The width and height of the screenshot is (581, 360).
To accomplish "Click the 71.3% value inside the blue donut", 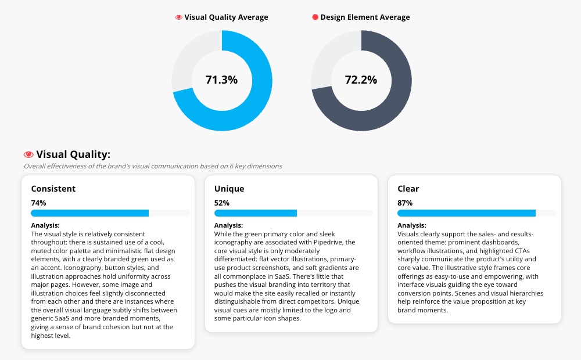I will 221,80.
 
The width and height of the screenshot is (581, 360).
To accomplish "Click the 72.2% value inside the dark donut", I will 361,80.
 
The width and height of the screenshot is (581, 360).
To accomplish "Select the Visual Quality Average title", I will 226,17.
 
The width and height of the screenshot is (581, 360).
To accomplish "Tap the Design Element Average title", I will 365,17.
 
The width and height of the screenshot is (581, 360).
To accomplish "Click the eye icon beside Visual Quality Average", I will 179,17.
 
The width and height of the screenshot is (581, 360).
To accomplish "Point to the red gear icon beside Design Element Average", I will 315,17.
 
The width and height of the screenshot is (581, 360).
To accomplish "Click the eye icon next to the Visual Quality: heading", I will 28,154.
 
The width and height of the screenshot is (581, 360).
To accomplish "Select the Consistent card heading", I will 53,189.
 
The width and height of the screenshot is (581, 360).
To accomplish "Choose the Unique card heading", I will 229,189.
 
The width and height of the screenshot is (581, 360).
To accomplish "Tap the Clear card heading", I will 408,189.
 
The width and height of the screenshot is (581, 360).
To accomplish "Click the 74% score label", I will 38,203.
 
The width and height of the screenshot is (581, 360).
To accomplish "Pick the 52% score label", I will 222,203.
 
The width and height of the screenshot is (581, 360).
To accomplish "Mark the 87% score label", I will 405,203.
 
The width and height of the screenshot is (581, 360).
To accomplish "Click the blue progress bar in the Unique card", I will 256,213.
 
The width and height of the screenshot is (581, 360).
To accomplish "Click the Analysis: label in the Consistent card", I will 45,225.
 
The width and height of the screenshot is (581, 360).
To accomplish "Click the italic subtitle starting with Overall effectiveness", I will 153,166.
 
